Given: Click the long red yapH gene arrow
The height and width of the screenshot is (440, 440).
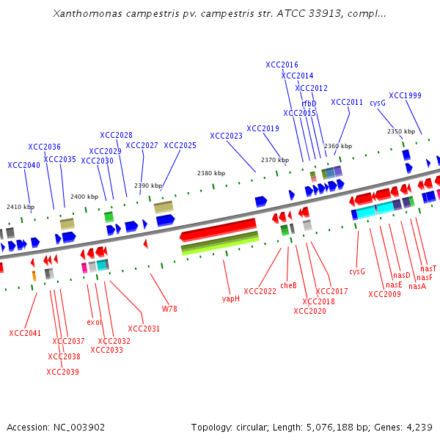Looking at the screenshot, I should coord(218,229).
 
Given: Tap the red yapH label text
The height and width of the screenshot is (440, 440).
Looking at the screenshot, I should coord(230,298).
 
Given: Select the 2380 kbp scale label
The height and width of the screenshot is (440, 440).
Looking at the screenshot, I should coord(210,173).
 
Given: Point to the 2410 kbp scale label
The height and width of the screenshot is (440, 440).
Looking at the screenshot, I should coord(20,208).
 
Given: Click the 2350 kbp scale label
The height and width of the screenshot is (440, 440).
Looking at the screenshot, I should coord(400,131).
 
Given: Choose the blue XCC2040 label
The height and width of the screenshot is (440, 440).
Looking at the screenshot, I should coord(24,165).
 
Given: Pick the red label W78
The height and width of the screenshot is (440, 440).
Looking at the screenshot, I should coord(169,309).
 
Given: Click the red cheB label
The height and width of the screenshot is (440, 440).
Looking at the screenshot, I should coord(288,285).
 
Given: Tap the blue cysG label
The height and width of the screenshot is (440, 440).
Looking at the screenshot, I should coord(378,103).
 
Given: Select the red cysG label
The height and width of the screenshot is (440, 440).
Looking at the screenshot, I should coord(357,271).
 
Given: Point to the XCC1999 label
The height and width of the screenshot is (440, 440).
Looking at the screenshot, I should coord(405,95).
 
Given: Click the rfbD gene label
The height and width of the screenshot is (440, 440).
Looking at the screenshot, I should coord(309,103).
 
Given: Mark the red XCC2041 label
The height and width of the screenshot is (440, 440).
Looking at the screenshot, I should coord(25,333).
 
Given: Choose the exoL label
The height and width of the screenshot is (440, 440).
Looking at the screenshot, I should coord(94,322).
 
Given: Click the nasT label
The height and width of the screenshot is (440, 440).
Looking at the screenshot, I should coord(428,269).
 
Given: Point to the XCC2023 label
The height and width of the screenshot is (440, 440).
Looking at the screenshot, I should coord(226,136).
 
